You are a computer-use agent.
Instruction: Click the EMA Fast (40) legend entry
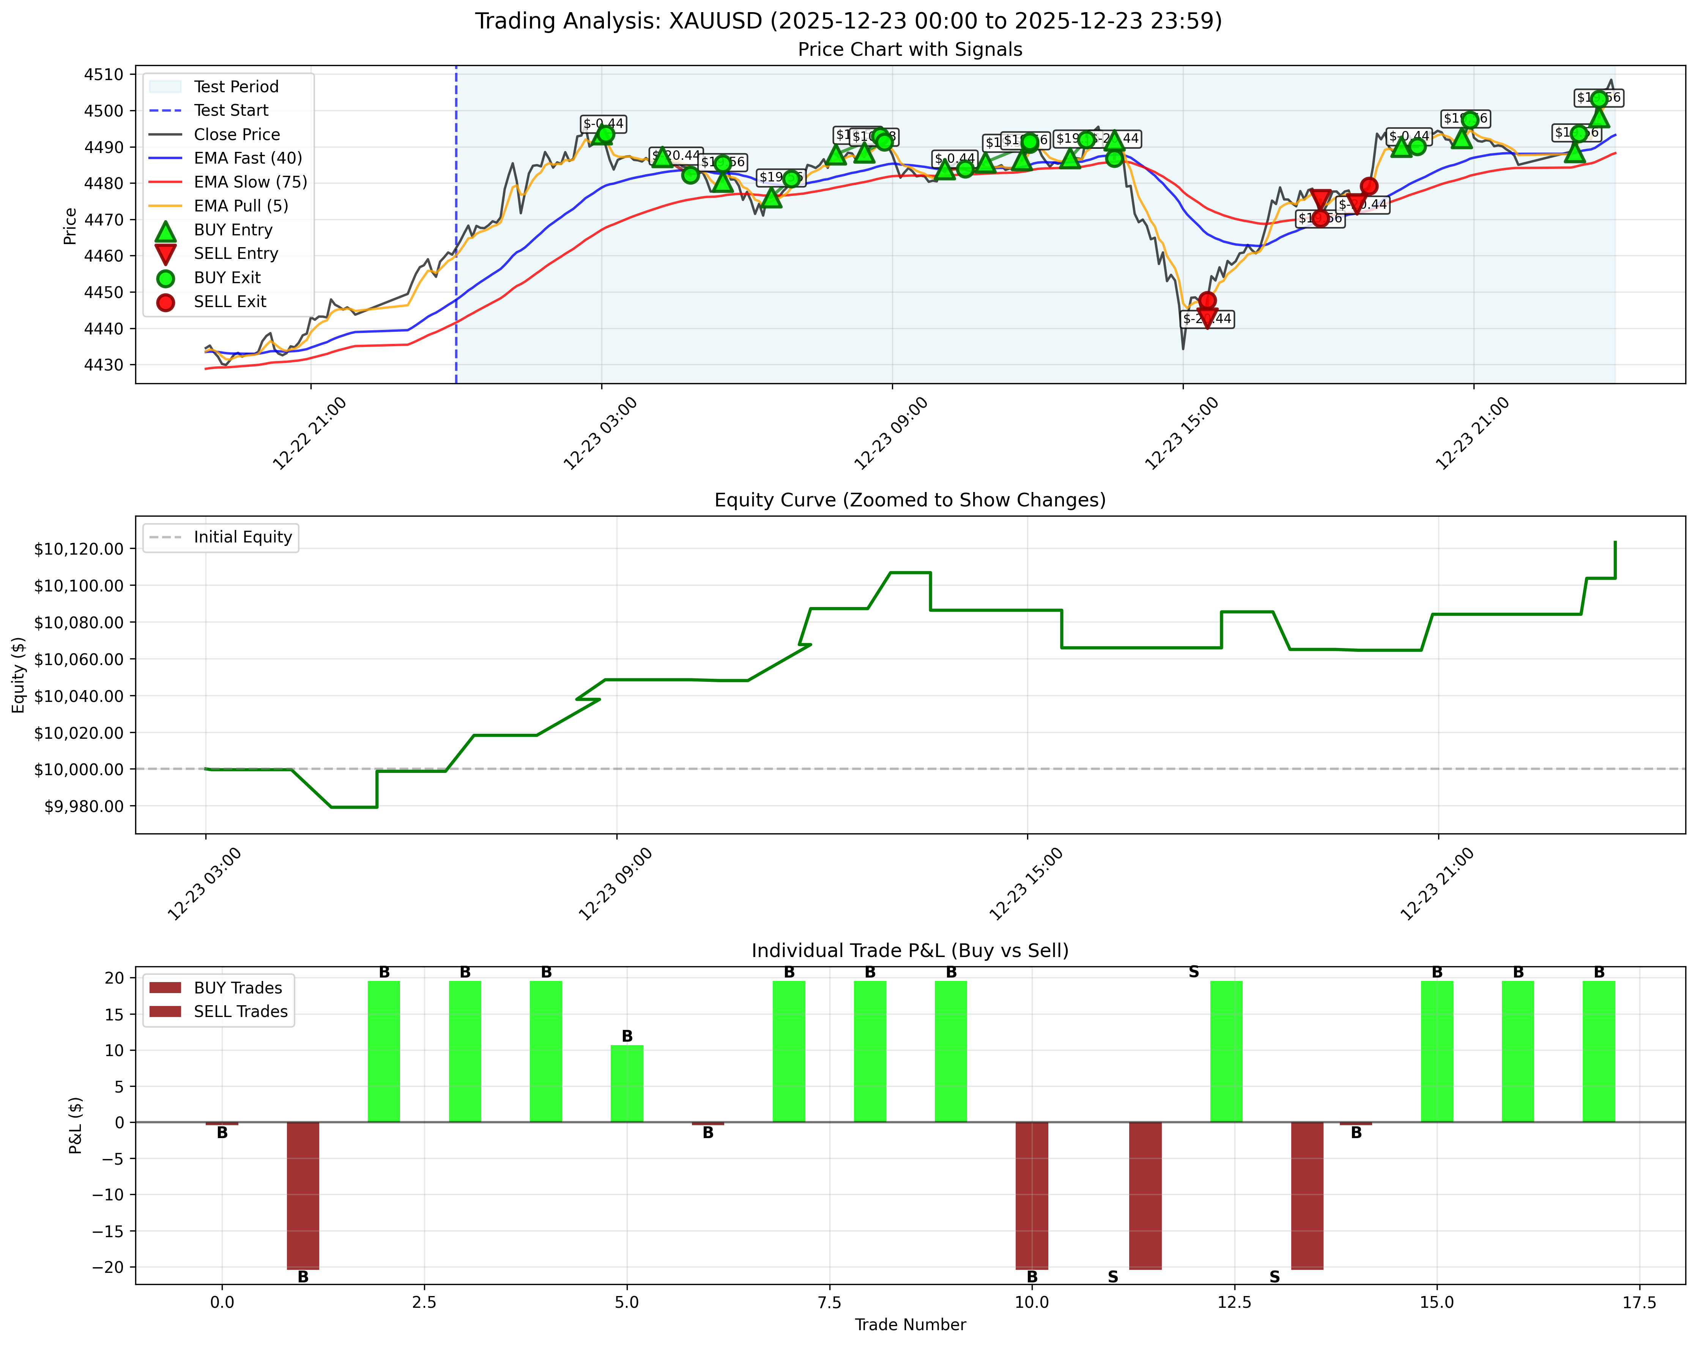click(x=248, y=158)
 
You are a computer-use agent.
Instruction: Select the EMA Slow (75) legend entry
click(x=250, y=182)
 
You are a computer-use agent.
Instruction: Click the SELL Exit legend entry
click(x=230, y=301)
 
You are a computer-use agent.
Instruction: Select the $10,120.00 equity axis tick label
click(x=79, y=549)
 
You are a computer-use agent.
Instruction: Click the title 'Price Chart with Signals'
click(x=910, y=50)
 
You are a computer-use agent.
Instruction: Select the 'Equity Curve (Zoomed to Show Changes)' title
click(x=910, y=501)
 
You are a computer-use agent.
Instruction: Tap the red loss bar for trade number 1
click(x=303, y=1195)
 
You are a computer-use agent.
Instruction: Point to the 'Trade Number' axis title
click(x=910, y=1325)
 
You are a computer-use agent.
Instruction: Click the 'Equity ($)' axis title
click(x=19, y=675)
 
